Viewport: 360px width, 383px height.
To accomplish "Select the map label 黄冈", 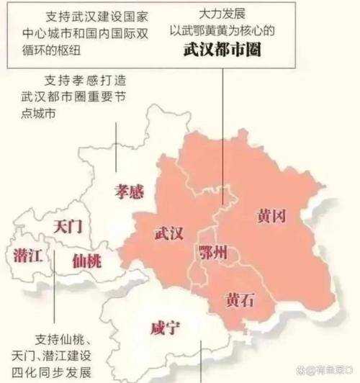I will [274, 216].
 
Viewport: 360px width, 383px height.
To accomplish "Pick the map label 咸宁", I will [166, 328].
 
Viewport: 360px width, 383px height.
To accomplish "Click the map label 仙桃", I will [86, 261].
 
